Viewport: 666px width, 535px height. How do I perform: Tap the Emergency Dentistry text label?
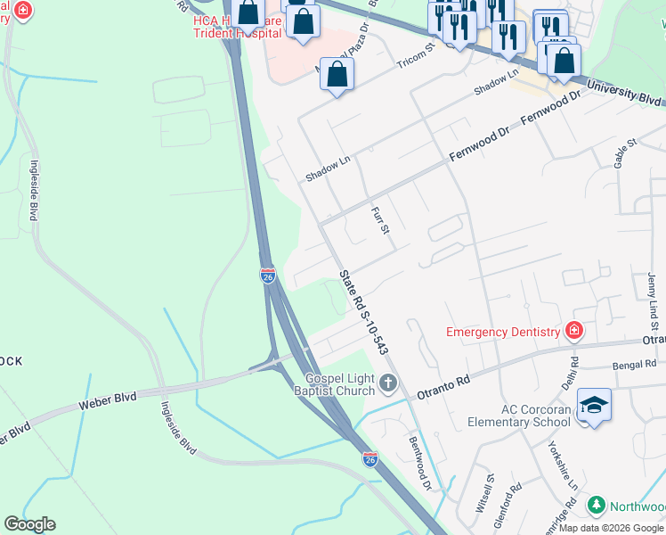[504, 333]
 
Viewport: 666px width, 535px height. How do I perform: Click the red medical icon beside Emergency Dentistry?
[575, 333]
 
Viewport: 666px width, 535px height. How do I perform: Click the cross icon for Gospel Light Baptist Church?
[387, 383]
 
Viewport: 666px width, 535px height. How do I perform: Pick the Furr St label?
[380, 219]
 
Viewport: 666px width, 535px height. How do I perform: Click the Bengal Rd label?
[633, 366]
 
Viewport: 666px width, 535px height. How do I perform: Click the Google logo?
[29, 524]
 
